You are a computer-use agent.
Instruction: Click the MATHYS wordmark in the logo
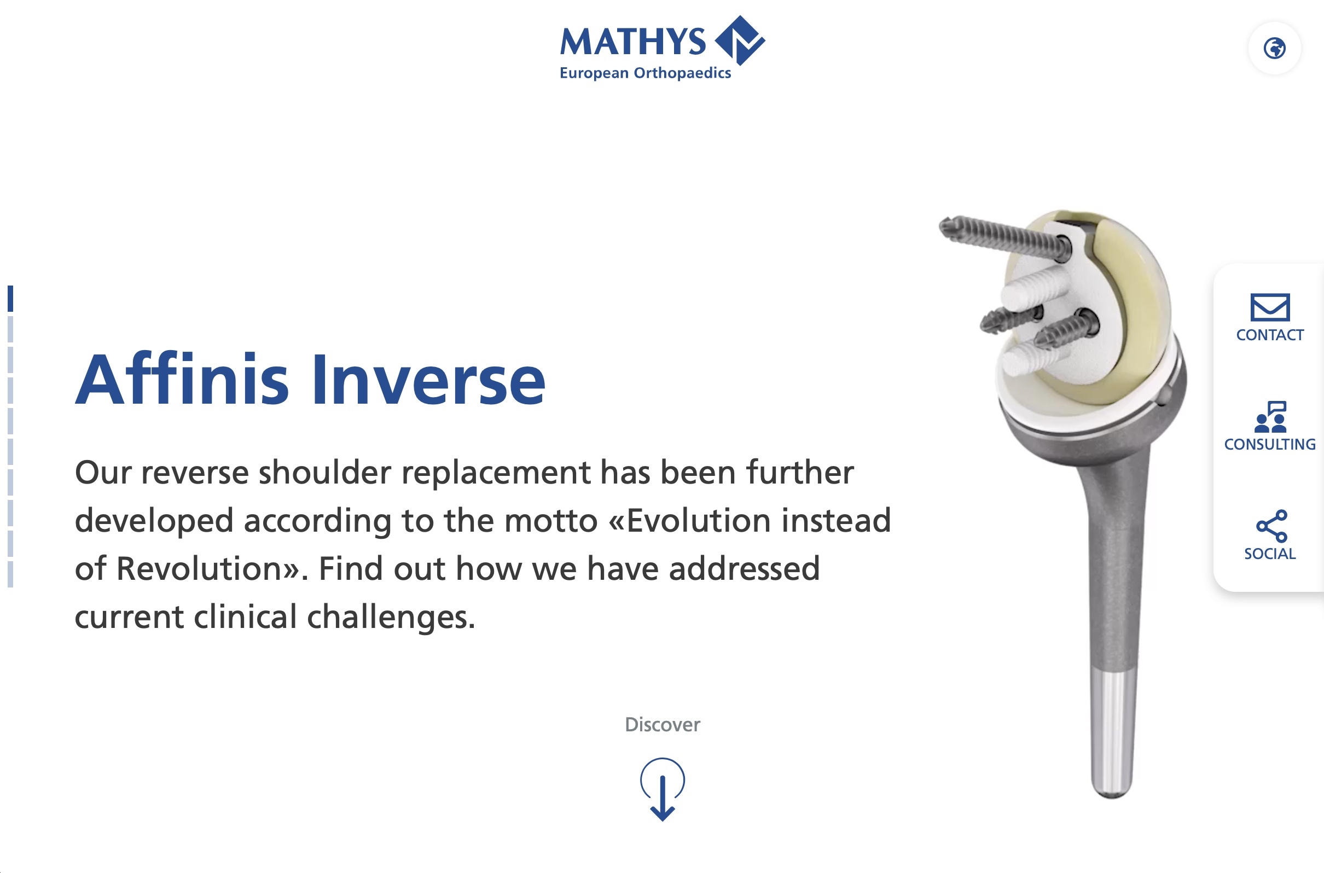[x=632, y=42]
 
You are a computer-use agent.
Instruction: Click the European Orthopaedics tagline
[x=644, y=73]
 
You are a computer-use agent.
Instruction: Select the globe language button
[x=1274, y=49]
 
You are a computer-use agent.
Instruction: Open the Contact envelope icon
[x=1269, y=307]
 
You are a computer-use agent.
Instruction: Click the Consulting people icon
[x=1270, y=417]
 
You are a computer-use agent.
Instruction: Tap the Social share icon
[x=1271, y=526]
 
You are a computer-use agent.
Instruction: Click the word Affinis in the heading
[x=182, y=380]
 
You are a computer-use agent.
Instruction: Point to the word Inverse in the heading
[x=428, y=380]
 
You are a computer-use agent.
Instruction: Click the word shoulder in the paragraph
[x=324, y=473]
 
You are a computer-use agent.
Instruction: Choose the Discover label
[x=662, y=724]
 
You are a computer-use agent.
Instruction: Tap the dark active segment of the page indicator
[x=10, y=299]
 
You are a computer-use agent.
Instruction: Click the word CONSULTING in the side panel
[x=1269, y=444]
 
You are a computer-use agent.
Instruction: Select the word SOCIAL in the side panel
[x=1269, y=554]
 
